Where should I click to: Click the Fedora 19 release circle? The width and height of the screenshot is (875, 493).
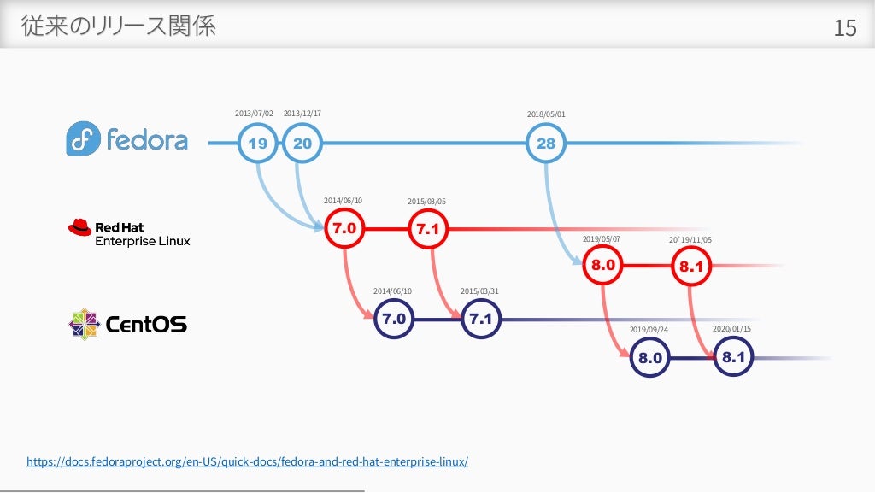(257, 144)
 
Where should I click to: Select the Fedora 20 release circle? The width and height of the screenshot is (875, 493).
(302, 144)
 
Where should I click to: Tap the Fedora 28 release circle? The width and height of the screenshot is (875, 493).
(546, 144)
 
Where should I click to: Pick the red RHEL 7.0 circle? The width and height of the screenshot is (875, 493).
(345, 229)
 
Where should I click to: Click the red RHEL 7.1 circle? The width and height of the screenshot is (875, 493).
(428, 229)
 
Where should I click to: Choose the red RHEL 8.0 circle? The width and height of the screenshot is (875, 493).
(603, 266)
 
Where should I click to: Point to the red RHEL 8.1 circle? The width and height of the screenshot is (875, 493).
(691, 267)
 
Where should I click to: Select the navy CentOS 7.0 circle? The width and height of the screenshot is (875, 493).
(393, 320)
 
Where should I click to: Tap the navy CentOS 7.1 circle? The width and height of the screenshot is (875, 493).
(481, 320)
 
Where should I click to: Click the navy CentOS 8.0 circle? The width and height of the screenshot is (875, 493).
(651, 358)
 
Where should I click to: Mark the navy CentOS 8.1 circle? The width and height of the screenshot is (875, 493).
(734, 357)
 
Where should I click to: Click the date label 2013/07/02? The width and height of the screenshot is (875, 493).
(254, 114)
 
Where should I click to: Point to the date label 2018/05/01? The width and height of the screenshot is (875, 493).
(546, 114)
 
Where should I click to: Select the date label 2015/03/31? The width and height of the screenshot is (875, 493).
(479, 291)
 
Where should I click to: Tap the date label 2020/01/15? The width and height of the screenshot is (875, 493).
(731, 328)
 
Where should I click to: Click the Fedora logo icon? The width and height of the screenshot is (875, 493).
(83, 139)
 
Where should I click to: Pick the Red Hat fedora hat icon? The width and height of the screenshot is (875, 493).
(79, 227)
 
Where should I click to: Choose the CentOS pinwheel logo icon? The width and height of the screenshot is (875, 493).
(84, 324)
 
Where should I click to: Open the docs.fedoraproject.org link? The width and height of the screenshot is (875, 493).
(248, 461)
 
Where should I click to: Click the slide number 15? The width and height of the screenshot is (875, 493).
(844, 29)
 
